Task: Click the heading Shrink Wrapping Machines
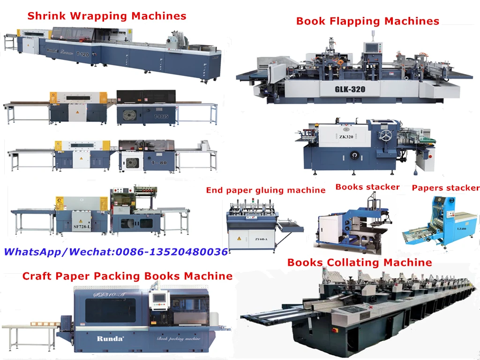107,16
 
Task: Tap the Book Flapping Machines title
367,21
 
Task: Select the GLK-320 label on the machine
350,89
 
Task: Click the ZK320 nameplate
346,137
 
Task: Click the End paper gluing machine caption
265,190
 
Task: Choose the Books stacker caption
367,187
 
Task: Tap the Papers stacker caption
445,188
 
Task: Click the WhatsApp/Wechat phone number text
116,252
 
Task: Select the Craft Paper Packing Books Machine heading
127,276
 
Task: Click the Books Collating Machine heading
360,262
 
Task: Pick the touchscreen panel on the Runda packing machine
158,300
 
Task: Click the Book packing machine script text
179,337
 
